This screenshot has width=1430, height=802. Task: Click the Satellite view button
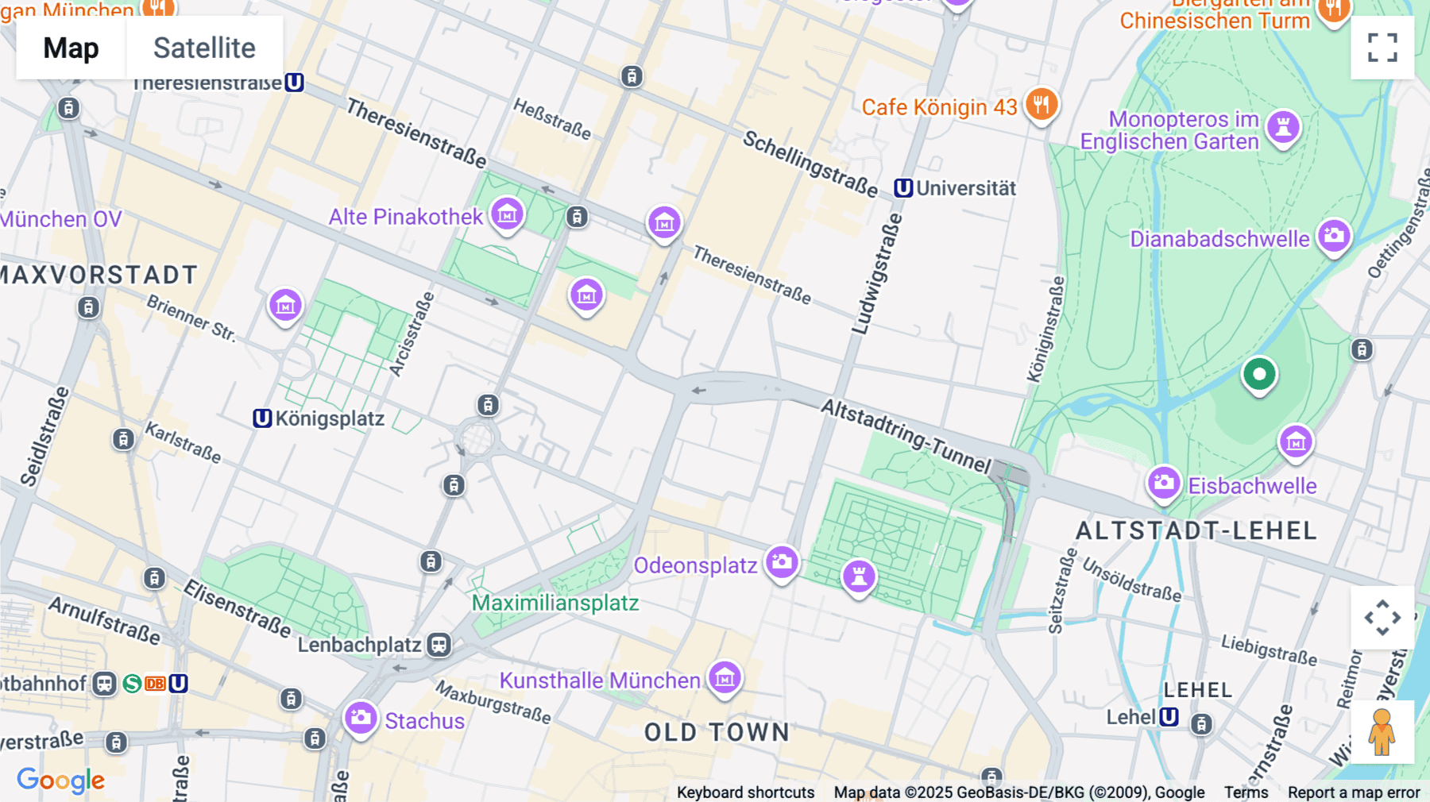pyautogui.click(x=204, y=48)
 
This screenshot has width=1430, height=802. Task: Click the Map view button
pyautogui.click(x=71, y=48)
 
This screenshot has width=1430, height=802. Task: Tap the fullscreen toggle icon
pyautogui.click(x=1382, y=48)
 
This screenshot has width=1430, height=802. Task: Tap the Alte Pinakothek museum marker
pyautogui.click(x=507, y=214)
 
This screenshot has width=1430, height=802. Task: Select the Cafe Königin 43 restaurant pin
pyautogui.click(x=1041, y=104)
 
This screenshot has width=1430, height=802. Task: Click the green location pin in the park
pyautogui.click(x=1259, y=374)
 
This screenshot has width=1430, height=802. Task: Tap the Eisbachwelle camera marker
pyautogui.click(x=1164, y=483)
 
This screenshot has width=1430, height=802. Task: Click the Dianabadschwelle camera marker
pyautogui.click(x=1334, y=236)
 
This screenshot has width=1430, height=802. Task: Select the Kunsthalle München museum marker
pyautogui.click(x=725, y=678)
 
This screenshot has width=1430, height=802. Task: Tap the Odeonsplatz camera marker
pyautogui.click(x=782, y=562)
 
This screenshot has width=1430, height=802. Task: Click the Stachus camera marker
pyautogui.click(x=360, y=718)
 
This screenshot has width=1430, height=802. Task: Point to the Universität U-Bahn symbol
pyautogui.click(x=903, y=188)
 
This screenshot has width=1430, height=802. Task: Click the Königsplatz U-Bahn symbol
pyautogui.click(x=262, y=418)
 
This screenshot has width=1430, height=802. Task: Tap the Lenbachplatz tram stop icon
pyautogui.click(x=439, y=645)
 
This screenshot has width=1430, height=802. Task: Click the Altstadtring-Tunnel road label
pyautogui.click(x=906, y=435)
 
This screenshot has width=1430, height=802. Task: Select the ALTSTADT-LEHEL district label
pyautogui.click(x=1196, y=530)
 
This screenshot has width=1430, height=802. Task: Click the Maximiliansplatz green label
pyautogui.click(x=555, y=603)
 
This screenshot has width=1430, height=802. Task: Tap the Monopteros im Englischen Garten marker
pyautogui.click(x=1283, y=127)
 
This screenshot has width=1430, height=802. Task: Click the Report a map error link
pyautogui.click(x=1353, y=792)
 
